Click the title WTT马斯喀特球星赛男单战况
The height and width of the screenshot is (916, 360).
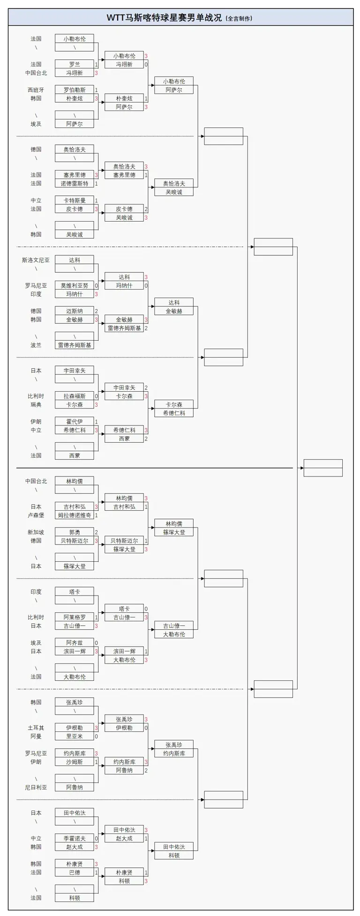pyautogui.click(x=164, y=18)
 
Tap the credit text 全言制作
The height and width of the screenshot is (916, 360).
pyautogui.click(x=239, y=18)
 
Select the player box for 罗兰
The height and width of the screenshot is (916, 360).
pyautogui.click(x=74, y=64)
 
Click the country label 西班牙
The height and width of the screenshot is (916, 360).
pyautogui.click(x=36, y=90)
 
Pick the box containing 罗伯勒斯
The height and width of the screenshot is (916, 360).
pyautogui.click(x=74, y=90)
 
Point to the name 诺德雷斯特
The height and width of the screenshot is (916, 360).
pyautogui.click(x=74, y=184)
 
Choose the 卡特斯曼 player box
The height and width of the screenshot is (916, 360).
pyautogui.click(x=74, y=201)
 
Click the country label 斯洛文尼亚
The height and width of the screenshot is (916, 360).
pyautogui.click(x=36, y=260)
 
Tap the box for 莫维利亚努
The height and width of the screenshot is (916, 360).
pyautogui.click(x=74, y=286)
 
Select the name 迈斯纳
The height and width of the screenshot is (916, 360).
pyautogui.click(x=74, y=311)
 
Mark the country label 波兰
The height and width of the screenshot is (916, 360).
pyautogui.click(x=36, y=345)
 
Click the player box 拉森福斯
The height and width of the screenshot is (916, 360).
pyautogui.click(x=74, y=396)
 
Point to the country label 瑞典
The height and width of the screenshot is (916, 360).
pyautogui.click(x=36, y=405)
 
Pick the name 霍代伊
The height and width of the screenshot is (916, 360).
pyautogui.click(x=74, y=422)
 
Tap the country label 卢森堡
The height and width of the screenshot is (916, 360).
pyautogui.click(x=36, y=515)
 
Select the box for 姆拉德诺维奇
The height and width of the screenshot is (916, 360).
pyautogui.click(x=74, y=515)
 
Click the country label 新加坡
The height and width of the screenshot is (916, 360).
pyautogui.click(x=36, y=532)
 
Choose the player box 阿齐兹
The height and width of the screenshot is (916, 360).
pyautogui.click(x=74, y=643)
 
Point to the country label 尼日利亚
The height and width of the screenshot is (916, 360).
pyautogui.click(x=36, y=788)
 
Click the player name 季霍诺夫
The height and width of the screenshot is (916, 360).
pyautogui.click(x=74, y=839)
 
